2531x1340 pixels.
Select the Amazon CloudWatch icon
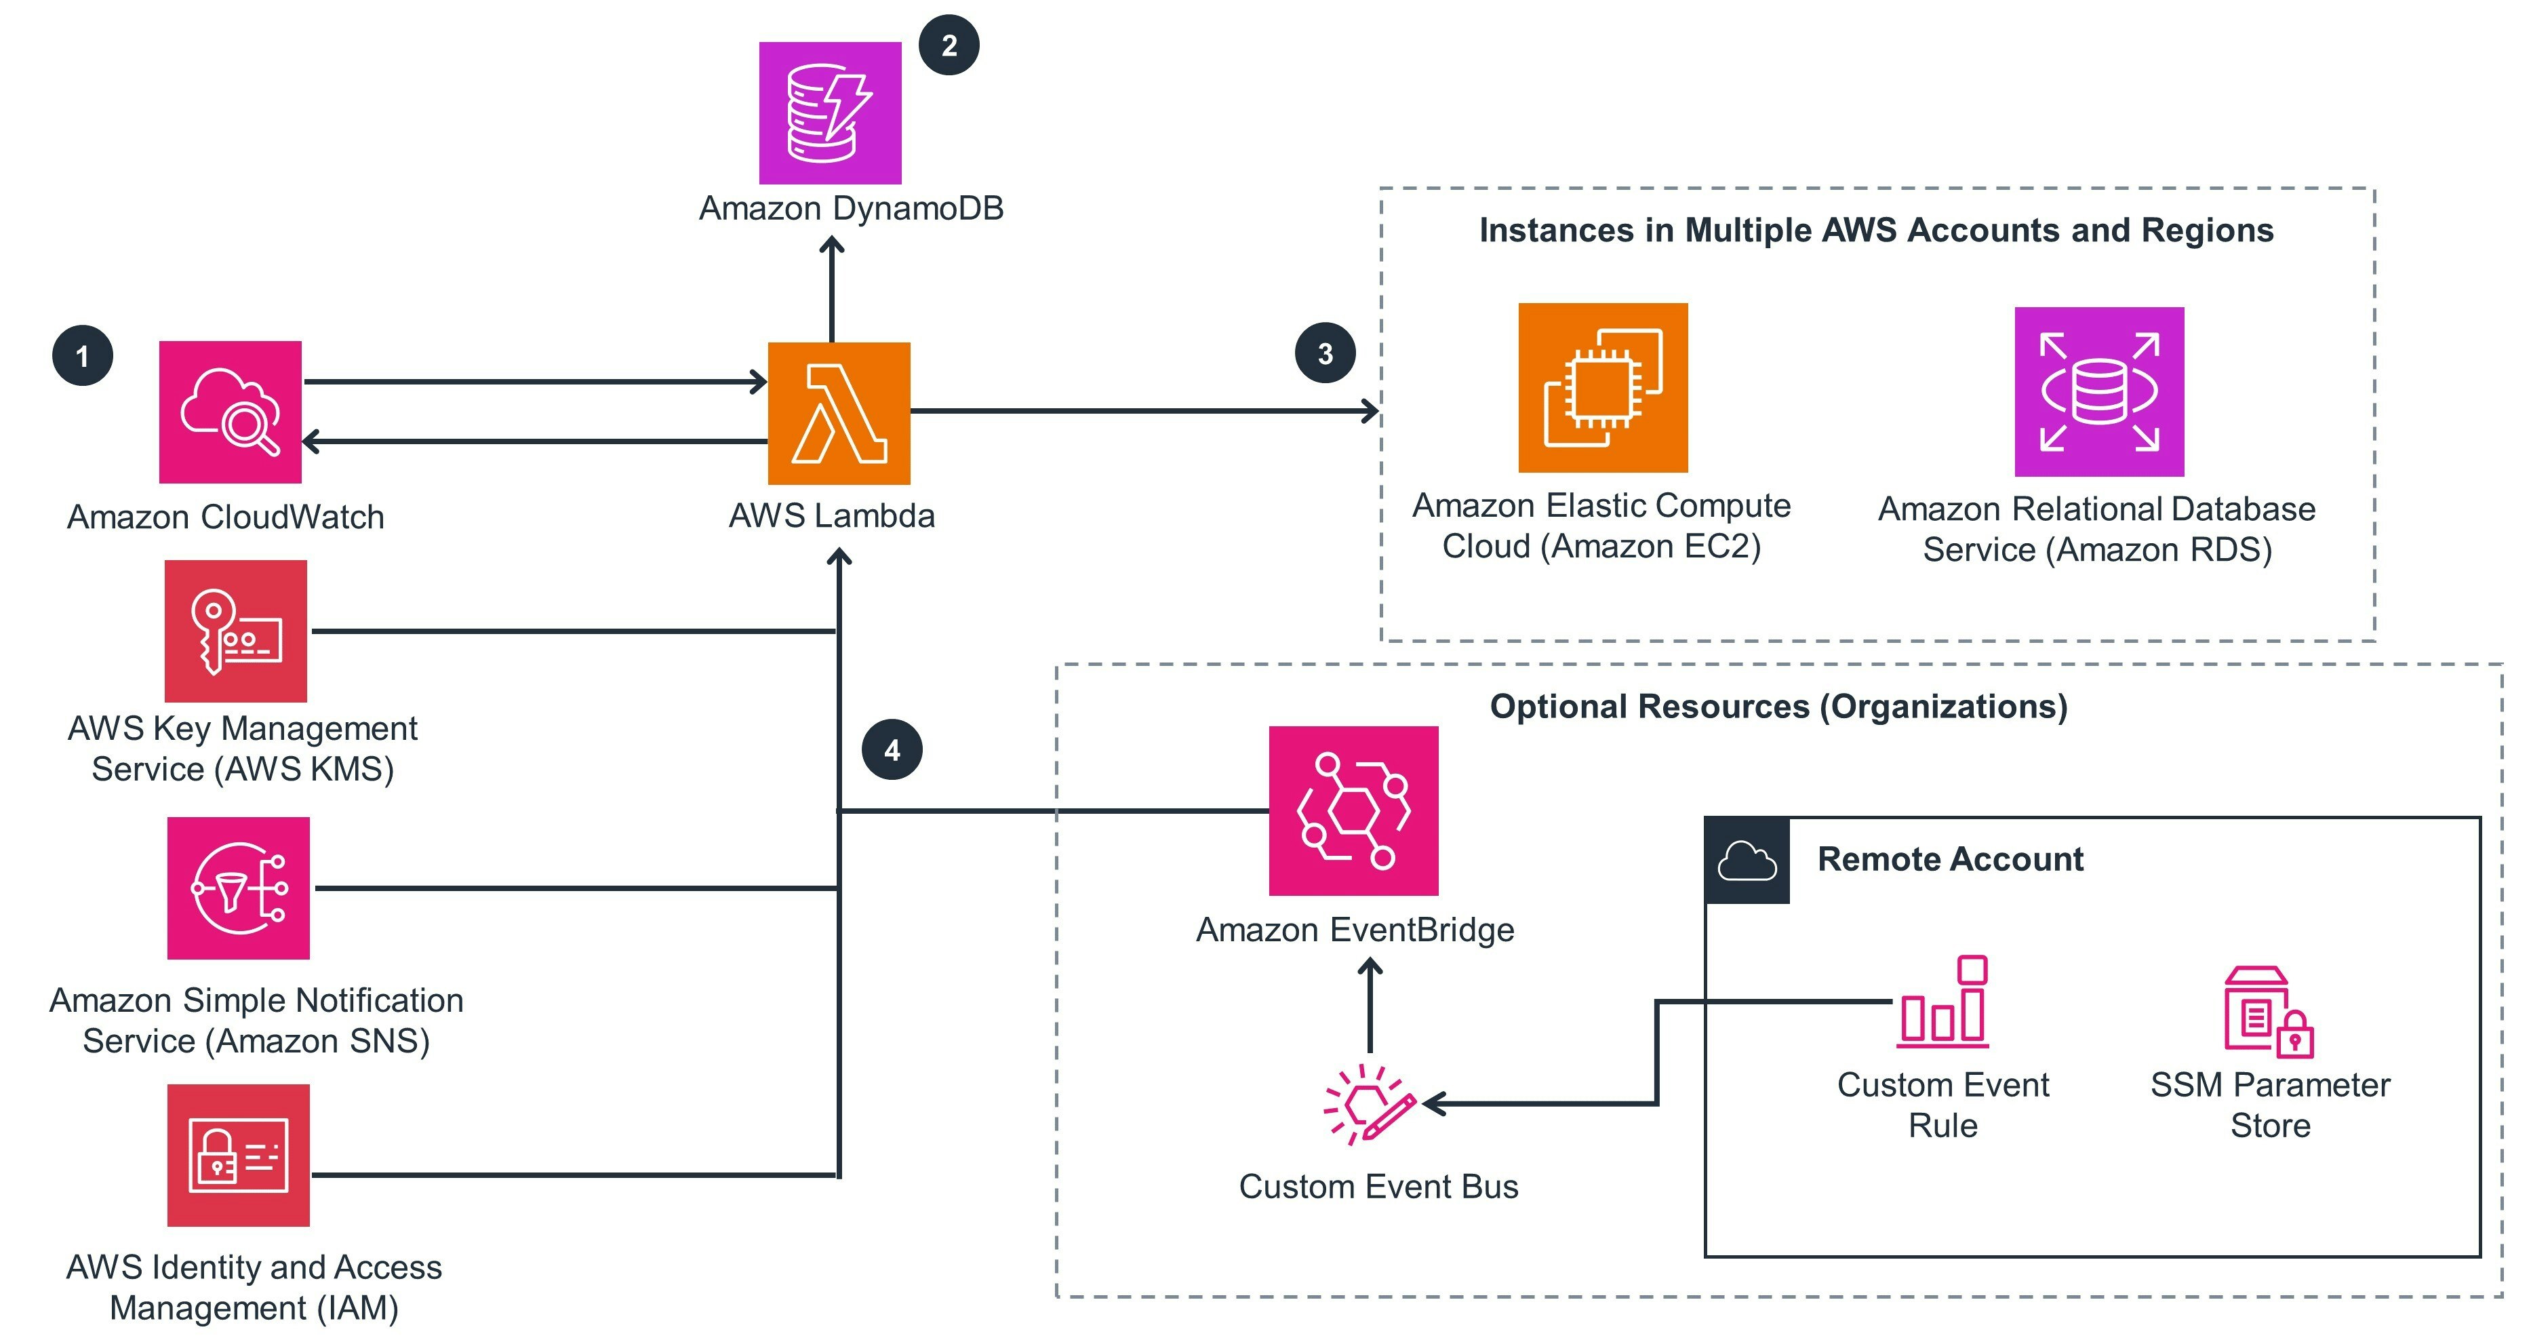[230, 412]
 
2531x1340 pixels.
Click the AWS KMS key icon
[236, 631]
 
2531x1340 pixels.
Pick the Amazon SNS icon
[238, 888]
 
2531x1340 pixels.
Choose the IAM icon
[238, 1156]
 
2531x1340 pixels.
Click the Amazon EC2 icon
[1603, 387]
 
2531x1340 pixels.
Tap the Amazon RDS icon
[2098, 391]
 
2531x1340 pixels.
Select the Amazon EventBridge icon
[1353, 810]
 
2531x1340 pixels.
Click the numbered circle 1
[83, 355]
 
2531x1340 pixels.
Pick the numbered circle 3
[1324, 353]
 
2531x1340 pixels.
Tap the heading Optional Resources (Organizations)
[1778, 707]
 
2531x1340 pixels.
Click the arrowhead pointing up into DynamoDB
[831, 245]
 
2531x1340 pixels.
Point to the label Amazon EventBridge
[1354, 929]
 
